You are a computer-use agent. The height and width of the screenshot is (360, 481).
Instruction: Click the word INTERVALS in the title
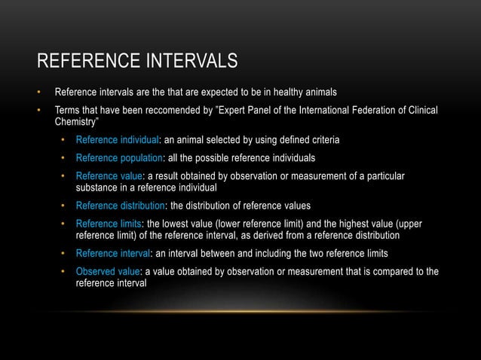[184, 60]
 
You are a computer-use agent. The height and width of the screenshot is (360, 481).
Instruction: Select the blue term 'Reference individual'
[118, 141]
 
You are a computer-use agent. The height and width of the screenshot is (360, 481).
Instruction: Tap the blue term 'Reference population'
[120, 158]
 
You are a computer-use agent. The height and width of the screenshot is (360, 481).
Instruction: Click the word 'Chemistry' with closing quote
[79, 123]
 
